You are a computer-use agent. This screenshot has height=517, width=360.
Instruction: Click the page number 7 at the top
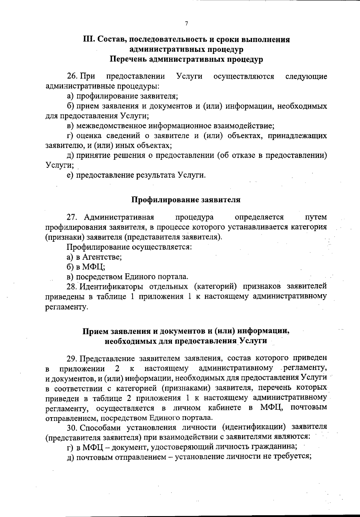pos(186,24)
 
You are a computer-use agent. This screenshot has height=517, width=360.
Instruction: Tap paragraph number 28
pos(73,286)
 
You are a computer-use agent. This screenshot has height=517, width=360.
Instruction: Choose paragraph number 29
pos(73,358)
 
